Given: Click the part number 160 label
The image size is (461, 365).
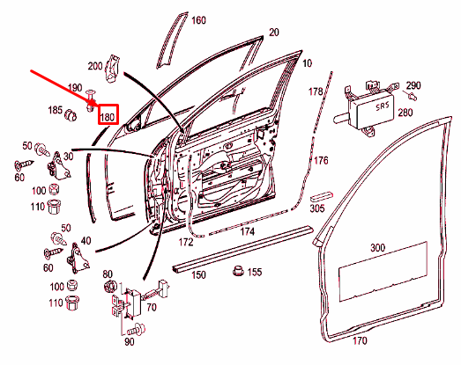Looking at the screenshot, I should coord(198,20).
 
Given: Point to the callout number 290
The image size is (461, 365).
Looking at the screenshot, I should coord(413,84).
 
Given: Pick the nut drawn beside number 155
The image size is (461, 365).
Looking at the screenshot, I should coord(236,270).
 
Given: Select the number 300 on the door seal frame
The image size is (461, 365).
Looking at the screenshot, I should coord(378,248).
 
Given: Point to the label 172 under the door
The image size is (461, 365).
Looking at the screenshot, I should coord(186,241).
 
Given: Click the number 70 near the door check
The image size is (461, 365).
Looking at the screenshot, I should coord(151,308).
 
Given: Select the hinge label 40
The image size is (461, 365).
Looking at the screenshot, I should coord(86,240).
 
